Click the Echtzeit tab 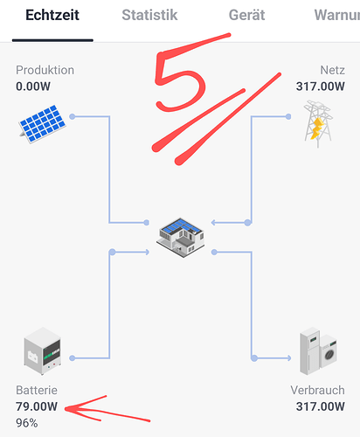tap(52, 15)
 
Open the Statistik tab tap(149, 15)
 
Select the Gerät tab tap(246, 15)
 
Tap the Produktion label tap(45, 70)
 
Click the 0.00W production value tap(33, 87)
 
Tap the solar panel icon tap(43, 124)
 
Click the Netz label tap(332, 70)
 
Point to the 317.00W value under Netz tap(321, 87)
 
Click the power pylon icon tap(318, 124)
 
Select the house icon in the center tap(180, 238)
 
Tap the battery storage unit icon tap(43, 351)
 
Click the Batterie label tap(37, 391)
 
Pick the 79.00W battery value tap(37, 406)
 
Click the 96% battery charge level tap(27, 423)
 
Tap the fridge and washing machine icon tap(318, 351)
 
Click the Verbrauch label tap(317, 391)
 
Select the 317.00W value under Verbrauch tap(321, 406)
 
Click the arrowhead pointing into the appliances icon tap(288, 358)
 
